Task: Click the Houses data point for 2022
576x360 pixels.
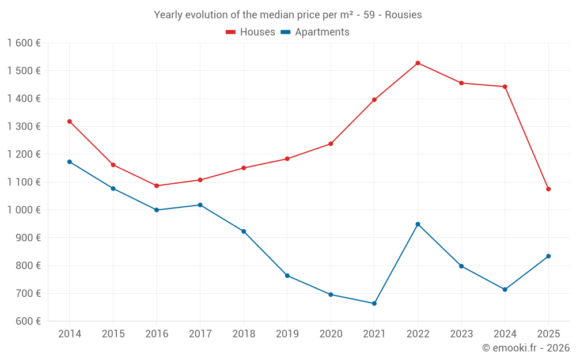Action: point(418,63)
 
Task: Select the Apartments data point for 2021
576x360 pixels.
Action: point(374,304)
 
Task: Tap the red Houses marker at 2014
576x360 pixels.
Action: point(70,122)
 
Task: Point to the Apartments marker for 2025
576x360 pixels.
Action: point(548,256)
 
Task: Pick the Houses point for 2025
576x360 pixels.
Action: point(548,189)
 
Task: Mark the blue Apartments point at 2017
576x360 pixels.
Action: point(200,205)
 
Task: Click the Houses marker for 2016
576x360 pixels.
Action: point(157,185)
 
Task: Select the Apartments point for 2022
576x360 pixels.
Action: point(418,224)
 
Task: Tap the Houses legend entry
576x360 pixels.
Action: point(251,32)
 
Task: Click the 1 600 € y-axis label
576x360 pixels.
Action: point(24,43)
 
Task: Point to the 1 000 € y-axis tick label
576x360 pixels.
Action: point(24,210)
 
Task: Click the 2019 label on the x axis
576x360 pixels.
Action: point(287,334)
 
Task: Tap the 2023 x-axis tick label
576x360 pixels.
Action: point(461,334)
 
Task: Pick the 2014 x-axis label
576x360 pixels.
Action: point(70,334)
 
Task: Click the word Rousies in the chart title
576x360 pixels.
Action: point(403,15)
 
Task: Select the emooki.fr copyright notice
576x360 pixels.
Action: point(525,348)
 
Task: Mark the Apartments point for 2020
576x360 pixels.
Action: point(331,294)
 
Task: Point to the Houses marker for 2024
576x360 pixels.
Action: point(505,87)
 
